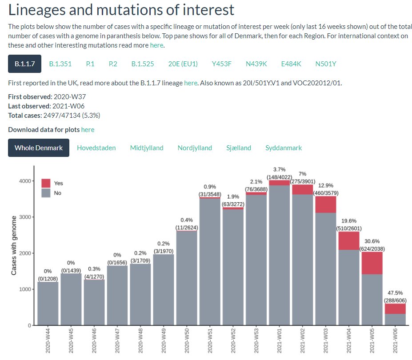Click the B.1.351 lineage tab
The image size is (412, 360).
pos(60,64)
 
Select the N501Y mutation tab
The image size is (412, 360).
pos(326,64)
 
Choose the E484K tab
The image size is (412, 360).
pos(291,64)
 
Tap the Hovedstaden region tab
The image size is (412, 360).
pos(96,148)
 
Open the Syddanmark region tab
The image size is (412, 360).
pos(284,148)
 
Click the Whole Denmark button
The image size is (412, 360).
pos(39,148)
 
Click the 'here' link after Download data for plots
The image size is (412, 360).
pos(88,130)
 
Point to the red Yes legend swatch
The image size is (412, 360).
pos(46,183)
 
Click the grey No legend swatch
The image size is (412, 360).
pos(46,193)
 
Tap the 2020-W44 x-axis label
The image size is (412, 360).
pos(48,341)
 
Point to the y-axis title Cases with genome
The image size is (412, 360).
pos(14,245)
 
